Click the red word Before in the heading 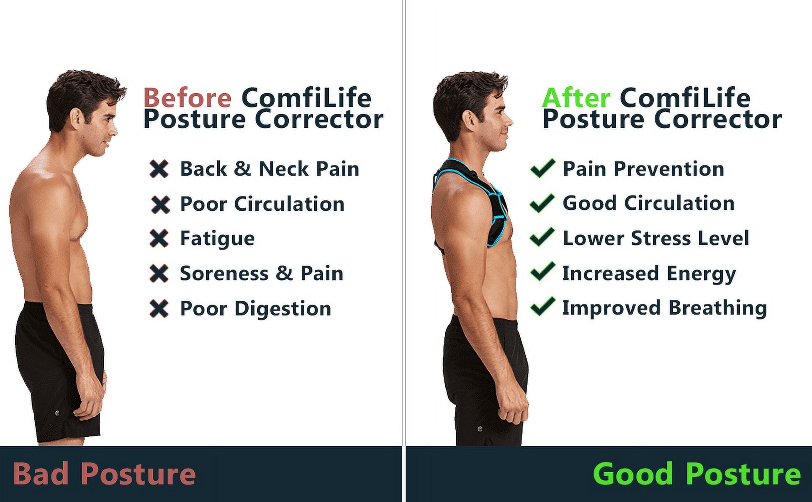pos(187,98)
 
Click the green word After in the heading pos(576,98)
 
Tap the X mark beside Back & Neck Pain pos(159,169)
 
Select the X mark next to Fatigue pos(159,238)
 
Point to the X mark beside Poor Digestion pos(159,309)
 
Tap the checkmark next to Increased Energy pos(542,272)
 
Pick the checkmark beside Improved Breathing pos(542,307)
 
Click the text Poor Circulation pos(262,204)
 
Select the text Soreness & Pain pos(262,274)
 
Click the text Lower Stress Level pos(656,238)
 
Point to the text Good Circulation pos(648,203)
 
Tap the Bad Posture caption pos(105,474)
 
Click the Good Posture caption pos(697,474)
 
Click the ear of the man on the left pos(76,118)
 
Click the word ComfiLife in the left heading pos(306,98)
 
